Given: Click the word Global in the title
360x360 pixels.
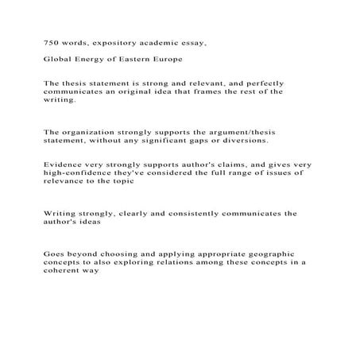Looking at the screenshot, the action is [58, 60].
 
